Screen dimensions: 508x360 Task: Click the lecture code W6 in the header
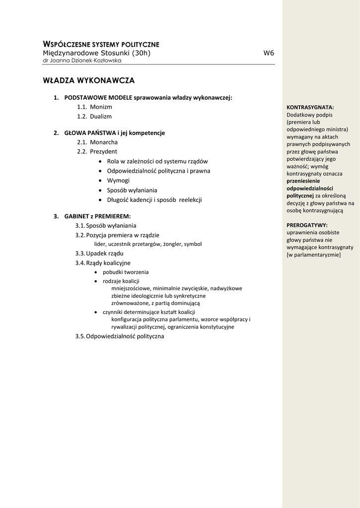(x=268, y=53)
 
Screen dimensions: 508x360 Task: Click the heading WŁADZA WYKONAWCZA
(x=88, y=80)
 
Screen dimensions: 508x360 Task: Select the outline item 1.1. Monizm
(x=94, y=107)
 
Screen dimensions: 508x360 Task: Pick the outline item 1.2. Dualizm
(x=94, y=116)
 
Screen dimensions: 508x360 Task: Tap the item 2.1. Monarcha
(x=97, y=142)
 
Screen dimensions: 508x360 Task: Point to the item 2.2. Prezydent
(x=97, y=151)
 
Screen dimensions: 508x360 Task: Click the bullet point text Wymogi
(x=118, y=180)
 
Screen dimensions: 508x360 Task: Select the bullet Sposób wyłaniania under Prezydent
(x=132, y=190)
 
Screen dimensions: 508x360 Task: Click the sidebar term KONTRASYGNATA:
(x=310, y=107)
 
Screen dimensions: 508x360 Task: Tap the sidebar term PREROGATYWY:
(x=307, y=225)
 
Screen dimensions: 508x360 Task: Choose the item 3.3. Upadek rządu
(x=99, y=254)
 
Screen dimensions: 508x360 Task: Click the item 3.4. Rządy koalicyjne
(x=103, y=263)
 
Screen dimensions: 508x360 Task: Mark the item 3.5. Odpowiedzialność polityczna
(x=119, y=336)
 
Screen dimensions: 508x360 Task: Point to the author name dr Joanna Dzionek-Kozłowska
(x=82, y=61)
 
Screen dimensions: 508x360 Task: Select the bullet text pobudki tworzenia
(x=126, y=272)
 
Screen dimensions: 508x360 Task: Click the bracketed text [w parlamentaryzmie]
(x=314, y=254)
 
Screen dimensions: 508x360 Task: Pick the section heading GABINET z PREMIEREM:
(x=97, y=216)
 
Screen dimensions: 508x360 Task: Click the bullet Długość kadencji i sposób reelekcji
(x=154, y=199)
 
